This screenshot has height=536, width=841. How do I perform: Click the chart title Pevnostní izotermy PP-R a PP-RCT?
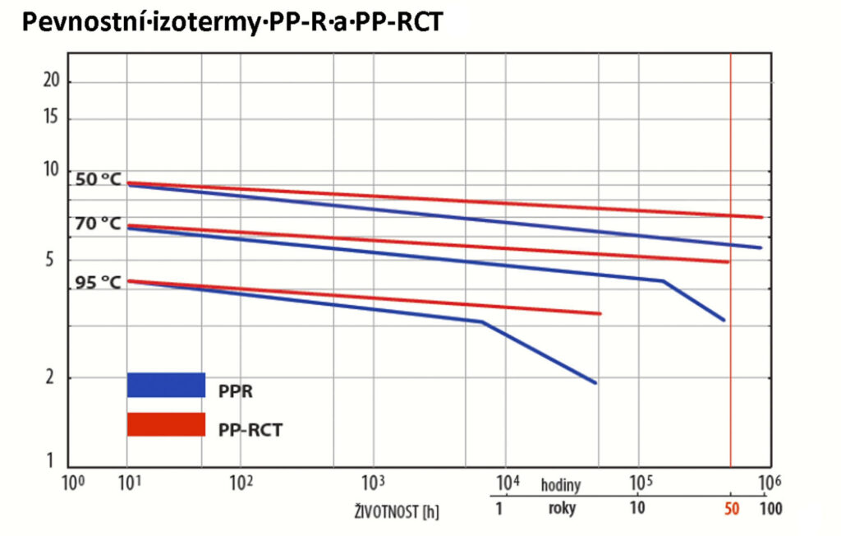click(232, 22)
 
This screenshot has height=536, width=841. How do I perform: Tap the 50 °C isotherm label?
click(98, 179)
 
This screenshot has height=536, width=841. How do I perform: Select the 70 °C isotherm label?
click(98, 224)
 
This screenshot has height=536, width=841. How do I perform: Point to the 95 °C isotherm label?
click(98, 283)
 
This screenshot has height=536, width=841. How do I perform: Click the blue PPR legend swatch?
click(165, 386)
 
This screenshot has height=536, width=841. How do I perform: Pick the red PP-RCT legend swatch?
click(165, 424)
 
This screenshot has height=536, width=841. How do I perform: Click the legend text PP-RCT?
click(250, 429)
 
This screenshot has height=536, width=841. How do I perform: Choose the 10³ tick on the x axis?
click(373, 483)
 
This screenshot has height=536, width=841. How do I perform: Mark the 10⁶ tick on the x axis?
click(769, 483)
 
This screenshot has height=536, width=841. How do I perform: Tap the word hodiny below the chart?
click(562, 485)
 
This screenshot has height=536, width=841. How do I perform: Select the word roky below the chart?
click(562, 508)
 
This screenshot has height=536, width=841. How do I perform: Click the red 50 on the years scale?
click(732, 508)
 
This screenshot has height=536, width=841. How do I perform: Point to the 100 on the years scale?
click(770, 508)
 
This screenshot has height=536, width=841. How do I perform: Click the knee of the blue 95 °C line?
click(483, 321)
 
